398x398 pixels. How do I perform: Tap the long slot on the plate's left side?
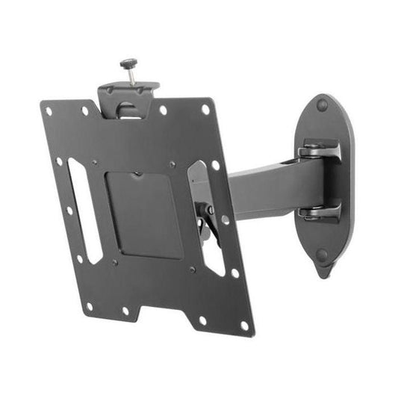[x=84, y=210]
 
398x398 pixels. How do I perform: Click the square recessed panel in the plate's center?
[x=144, y=214]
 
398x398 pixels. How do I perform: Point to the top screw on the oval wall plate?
[x=323, y=105]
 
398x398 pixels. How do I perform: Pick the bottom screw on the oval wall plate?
[x=321, y=255]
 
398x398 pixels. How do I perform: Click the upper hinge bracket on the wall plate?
[x=320, y=153]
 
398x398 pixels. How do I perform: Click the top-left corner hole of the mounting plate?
[x=49, y=112]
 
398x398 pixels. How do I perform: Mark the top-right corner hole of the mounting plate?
[x=205, y=109]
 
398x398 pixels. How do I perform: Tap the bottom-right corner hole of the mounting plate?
[x=243, y=326]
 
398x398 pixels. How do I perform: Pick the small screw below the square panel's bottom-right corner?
[x=192, y=269]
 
